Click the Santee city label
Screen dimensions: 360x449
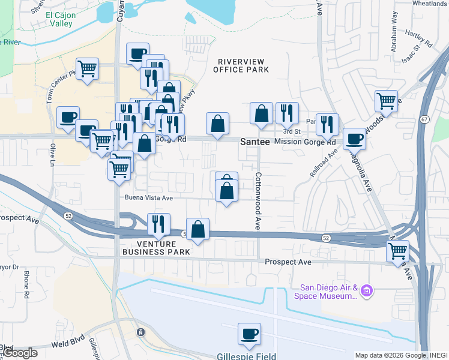click(x=254, y=142)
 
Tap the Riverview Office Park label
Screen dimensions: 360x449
click(x=243, y=65)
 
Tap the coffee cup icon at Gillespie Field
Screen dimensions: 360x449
click(x=249, y=334)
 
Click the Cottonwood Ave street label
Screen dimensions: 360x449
click(x=258, y=202)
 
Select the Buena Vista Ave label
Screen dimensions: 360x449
click(x=149, y=197)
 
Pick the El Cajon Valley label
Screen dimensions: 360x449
click(x=61, y=19)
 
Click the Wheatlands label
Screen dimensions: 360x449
click(x=429, y=4)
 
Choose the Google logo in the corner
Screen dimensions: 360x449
click(x=20, y=353)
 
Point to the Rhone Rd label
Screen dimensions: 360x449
click(x=26, y=284)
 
